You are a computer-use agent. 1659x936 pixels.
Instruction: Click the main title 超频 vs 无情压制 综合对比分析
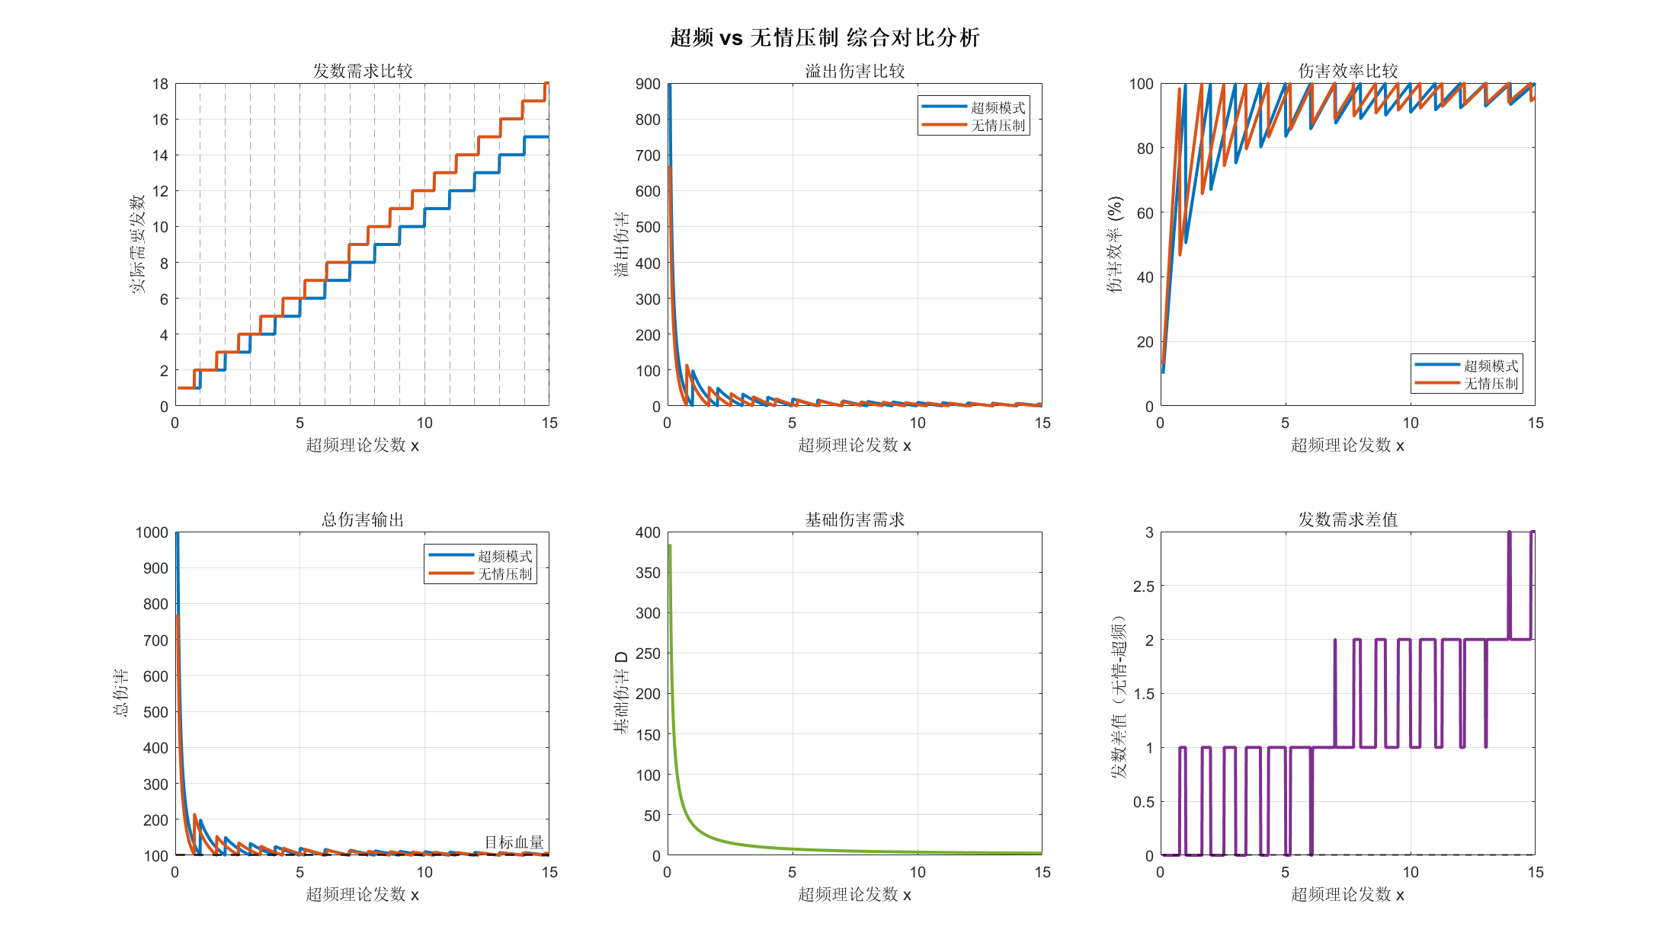point(825,37)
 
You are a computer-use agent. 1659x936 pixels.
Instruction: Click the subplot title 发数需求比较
point(362,71)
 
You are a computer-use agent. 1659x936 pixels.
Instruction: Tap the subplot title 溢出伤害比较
point(854,71)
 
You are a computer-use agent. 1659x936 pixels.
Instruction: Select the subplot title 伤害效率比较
point(1347,71)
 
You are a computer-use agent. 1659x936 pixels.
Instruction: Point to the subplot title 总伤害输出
point(362,519)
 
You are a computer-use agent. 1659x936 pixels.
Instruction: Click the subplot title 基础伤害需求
point(854,519)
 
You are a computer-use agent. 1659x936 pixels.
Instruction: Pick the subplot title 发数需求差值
point(1347,519)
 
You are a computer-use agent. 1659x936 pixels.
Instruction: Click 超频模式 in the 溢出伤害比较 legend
point(998,108)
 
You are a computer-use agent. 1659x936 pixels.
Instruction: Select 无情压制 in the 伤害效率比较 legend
point(1491,384)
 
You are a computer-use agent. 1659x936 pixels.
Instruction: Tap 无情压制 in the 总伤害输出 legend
point(504,574)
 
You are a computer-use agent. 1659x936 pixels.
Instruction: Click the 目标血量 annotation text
point(514,842)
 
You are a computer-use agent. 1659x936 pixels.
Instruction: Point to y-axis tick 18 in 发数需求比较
point(160,84)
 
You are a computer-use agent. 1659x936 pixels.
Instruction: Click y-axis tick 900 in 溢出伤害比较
point(648,84)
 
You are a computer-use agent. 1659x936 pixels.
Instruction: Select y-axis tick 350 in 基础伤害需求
point(648,573)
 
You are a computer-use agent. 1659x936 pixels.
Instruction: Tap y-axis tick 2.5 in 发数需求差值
point(1143,586)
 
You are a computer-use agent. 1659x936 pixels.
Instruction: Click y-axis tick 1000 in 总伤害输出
point(152,532)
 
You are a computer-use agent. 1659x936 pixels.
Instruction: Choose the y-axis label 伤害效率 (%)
point(1115,244)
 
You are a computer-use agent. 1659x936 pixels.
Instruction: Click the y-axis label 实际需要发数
point(137,244)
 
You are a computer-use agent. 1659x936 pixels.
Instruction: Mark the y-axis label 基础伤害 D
point(622,692)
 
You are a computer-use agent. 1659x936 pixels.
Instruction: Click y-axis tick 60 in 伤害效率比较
point(1145,213)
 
